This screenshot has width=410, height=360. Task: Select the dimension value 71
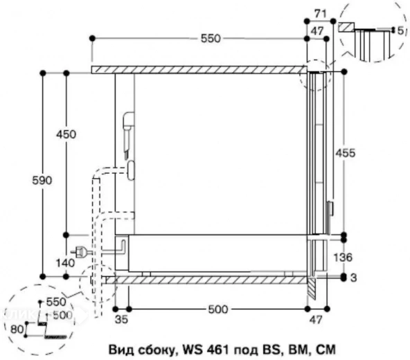[x=320, y=14]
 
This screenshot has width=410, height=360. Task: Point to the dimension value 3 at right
[x=355, y=278]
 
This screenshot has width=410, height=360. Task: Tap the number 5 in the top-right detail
[x=401, y=30]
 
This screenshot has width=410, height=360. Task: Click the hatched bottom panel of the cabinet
[x=208, y=280]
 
